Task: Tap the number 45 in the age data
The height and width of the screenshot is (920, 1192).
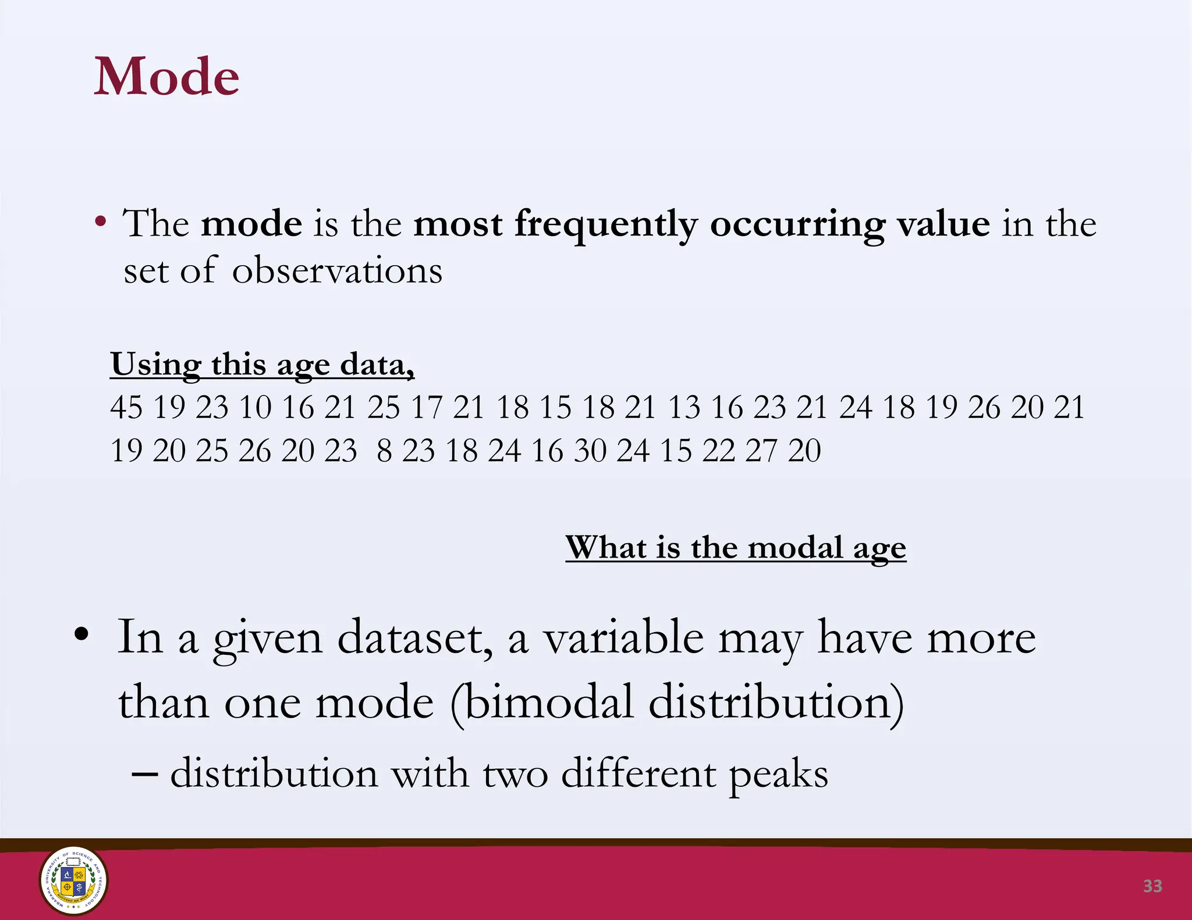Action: pyautogui.click(x=126, y=407)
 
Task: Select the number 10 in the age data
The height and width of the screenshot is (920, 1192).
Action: pyautogui.click(x=255, y=407)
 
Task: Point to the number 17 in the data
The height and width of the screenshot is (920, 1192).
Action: pyautogui.click(x=427, y=407)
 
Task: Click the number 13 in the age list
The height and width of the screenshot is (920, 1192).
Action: pyautogui.click(x=684, y=407)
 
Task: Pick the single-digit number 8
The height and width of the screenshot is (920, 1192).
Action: pyautogui.click(x=384, y=451)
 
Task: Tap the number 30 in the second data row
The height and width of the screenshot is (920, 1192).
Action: pyautogui.click(x=590, y=451)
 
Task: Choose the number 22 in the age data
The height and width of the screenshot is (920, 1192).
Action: pyautogui.click(x=719, y=451)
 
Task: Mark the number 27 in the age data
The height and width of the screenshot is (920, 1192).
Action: pyautogui.click(x=761, y=451)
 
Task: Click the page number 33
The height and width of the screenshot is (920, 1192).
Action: pyautogui.click(x=1152, y=886)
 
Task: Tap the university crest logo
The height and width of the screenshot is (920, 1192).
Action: pyautogui.click(x=73, y=880)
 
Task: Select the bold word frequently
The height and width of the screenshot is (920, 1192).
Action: pyautogui.click(x=606, y=224)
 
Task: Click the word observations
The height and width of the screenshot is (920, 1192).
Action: pyautogui.click(x=338, y=271)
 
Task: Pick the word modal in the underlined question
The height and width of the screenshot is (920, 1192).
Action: pyautogui.click(x=795, y=548)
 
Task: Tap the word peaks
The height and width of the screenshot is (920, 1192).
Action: pyautogui.click(x=778, y=775)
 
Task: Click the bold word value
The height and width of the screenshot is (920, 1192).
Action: pyautogui.click(x=943, y=224)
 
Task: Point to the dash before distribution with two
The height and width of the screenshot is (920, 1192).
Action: pyautogui.click(x=145, y=775)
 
